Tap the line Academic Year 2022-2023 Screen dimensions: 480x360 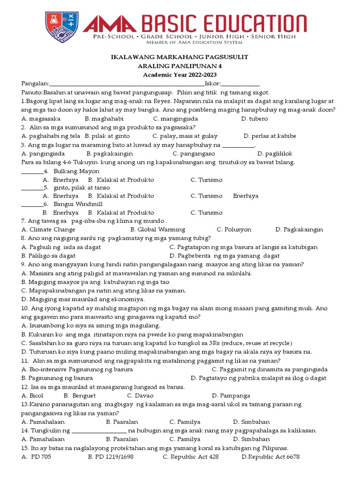180,75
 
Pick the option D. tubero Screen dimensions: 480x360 255,119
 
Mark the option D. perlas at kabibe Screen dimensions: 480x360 270,136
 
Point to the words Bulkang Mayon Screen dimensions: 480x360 70,171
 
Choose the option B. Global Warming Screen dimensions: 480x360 157,230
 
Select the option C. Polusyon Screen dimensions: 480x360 234,230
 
